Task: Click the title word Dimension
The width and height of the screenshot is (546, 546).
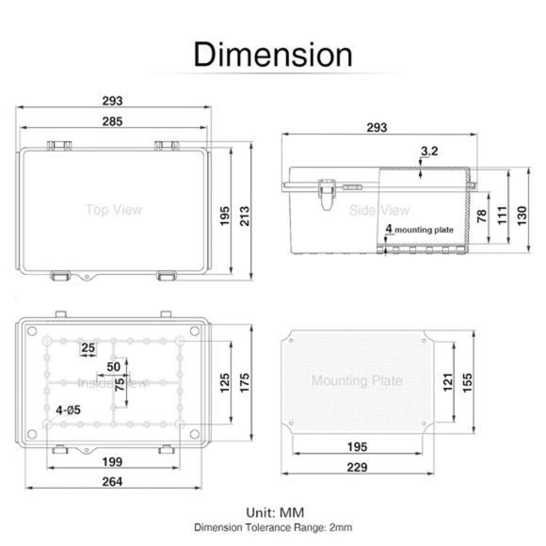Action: pos(272,54)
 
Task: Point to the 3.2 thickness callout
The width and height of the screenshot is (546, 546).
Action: pos(429,151)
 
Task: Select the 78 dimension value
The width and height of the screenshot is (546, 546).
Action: pos(481,216)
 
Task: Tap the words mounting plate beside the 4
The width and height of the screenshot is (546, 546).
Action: pos(425,229)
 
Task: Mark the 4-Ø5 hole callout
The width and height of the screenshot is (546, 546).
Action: pos(67,410)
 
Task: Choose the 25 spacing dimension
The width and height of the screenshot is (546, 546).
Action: pos(88,348)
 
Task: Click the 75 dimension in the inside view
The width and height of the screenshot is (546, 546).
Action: pos(120,384)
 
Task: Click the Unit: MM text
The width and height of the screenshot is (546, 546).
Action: pos(273,513)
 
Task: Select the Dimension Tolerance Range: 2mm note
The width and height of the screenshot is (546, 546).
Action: pos(273,528)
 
